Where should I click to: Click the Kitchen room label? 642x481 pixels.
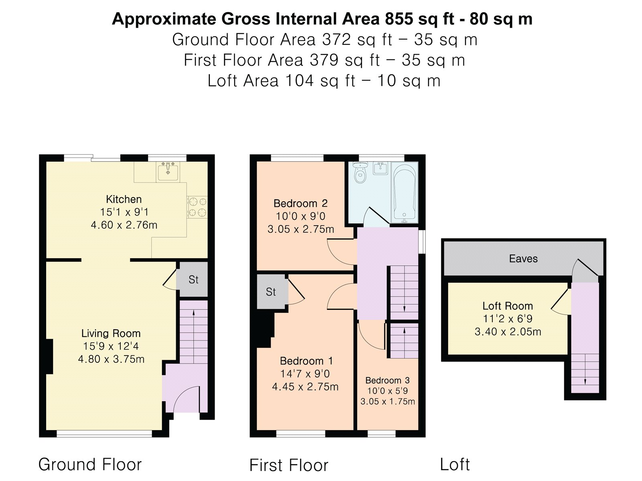point(124,200)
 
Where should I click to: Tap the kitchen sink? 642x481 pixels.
point(168,172)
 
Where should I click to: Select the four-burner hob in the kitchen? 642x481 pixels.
point(197,207)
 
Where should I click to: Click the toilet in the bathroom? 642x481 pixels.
point(360,173)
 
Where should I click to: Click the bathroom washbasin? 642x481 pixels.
point(380,168)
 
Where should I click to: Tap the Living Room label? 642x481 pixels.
point(111,333)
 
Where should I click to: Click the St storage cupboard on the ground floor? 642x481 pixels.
point(193,279)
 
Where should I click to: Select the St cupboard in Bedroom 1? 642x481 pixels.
point(271,291)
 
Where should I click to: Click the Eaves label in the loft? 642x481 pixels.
point(523,259)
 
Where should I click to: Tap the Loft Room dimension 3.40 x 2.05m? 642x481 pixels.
point(508,332)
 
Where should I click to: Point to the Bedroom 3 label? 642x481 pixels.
point(388,380)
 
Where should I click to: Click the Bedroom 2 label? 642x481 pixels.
point(301,203)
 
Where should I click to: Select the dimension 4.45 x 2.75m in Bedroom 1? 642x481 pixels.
point(305,387)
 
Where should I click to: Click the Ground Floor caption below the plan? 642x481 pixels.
point(90,464)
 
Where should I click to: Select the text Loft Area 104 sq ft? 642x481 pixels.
point(281,81)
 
